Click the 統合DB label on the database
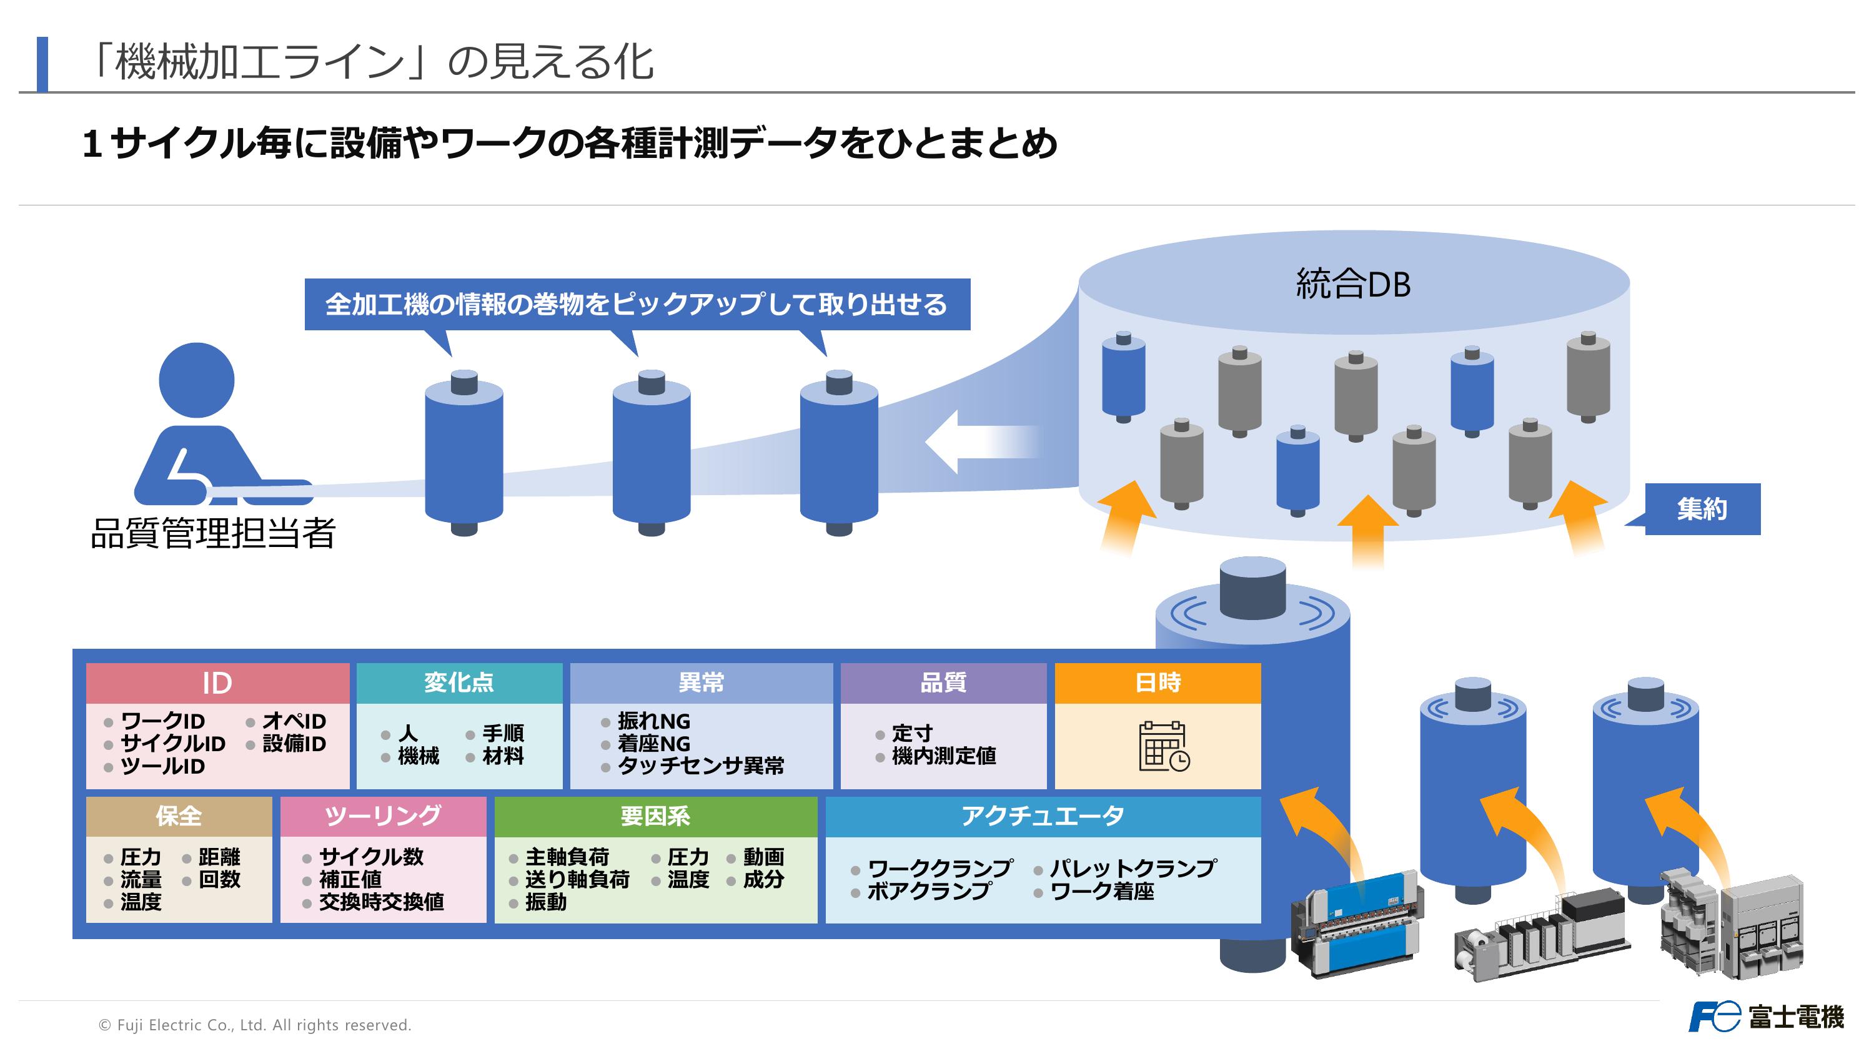(1353, 283)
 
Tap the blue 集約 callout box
(1702, 509)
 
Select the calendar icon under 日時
(1163, 746)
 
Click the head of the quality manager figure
(196, 380)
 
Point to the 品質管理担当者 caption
(212, 533)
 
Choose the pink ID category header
(217, 683)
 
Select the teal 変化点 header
(459, 683)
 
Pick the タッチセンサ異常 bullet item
(701, 766)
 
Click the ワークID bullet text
(162, 721)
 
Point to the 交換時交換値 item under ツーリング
(381, 902)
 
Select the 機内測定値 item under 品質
(943, 756)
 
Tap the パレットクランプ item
(1133, 868)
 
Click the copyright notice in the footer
(255, 1025)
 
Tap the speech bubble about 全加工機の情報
(637, 304)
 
